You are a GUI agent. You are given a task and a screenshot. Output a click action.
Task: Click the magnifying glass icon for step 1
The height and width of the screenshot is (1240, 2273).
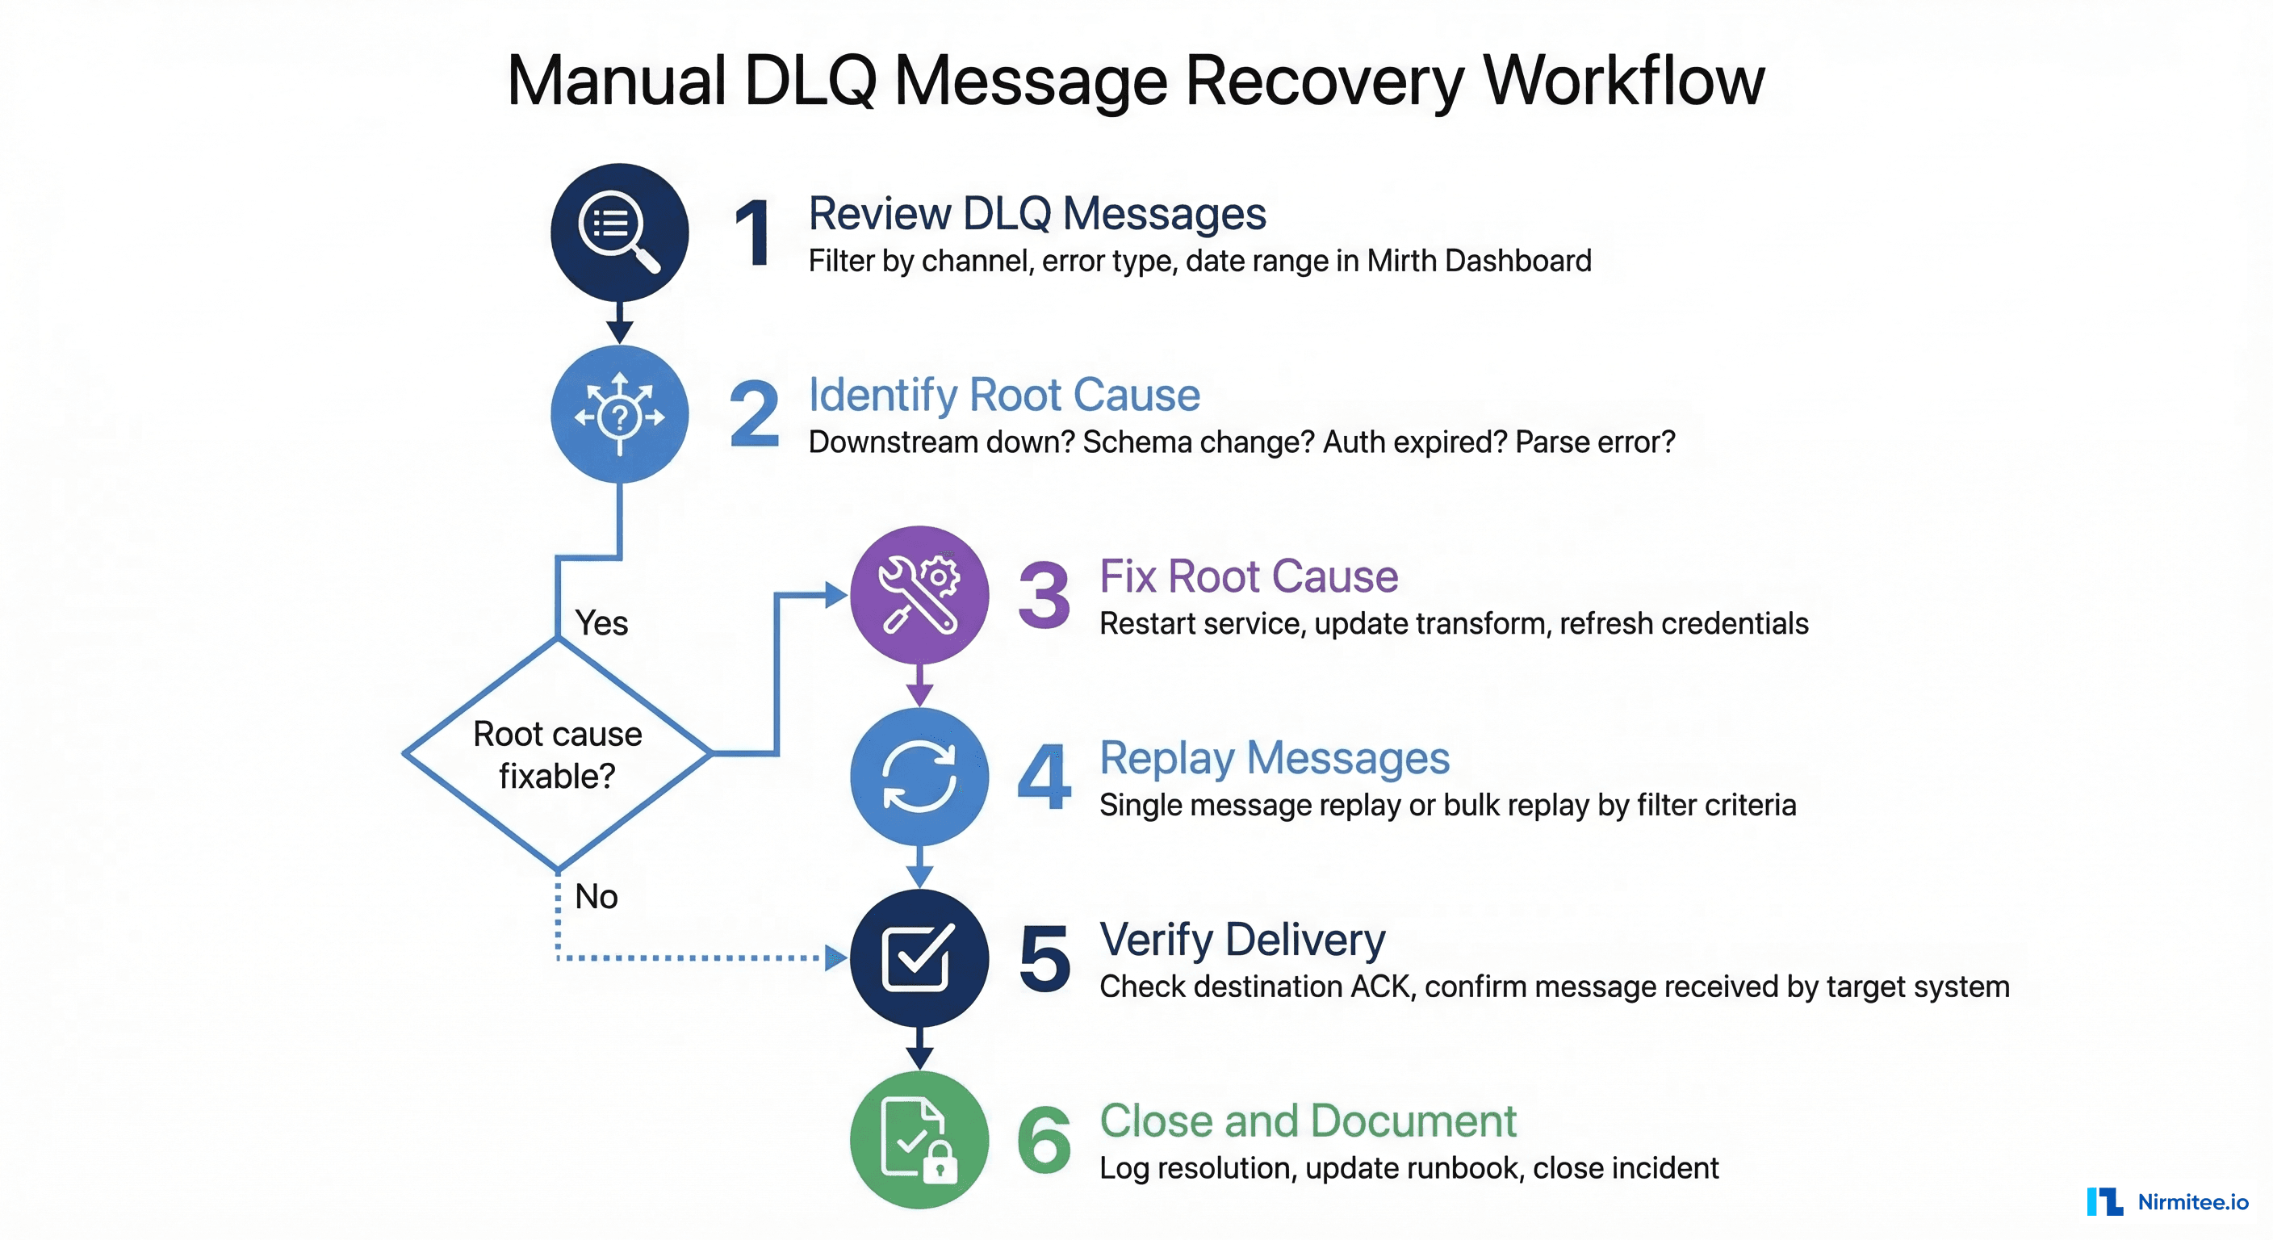[619, 232]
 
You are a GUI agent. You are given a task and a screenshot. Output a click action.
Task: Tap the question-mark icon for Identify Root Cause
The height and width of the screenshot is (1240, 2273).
[619, 414]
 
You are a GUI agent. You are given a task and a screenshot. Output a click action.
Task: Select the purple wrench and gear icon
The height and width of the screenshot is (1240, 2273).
[919, 595]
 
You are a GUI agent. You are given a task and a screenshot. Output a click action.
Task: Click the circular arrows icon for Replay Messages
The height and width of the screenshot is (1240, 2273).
[919, 777]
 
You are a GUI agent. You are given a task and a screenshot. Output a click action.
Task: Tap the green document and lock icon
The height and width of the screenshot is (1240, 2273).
[919, 1139]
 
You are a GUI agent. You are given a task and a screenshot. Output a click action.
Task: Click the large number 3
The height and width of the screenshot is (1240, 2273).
[1044, 596]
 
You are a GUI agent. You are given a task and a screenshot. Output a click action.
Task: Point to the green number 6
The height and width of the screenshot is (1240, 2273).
[1044, 1140]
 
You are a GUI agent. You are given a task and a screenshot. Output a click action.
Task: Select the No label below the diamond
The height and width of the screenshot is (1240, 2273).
[597, 897]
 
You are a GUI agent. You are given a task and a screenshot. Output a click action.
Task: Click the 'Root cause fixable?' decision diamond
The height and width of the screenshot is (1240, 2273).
[558, 755]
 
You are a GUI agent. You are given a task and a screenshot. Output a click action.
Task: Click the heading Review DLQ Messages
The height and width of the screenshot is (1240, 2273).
[1036, 214]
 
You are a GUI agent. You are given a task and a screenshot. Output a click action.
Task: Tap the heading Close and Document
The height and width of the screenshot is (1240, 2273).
[1308, 1121]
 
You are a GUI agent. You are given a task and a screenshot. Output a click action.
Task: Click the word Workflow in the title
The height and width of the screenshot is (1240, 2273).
[1623, 82]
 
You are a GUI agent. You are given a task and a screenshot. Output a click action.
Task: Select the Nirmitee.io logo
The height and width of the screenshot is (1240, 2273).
[2167, 1201]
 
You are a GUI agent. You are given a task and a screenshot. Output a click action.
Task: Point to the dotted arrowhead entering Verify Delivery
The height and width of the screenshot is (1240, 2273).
[835, 957]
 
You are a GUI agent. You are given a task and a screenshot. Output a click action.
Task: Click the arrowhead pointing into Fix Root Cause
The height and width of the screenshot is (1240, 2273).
[835, 595]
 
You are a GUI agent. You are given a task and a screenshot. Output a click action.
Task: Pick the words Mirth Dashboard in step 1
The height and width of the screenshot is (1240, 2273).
[1479, 262]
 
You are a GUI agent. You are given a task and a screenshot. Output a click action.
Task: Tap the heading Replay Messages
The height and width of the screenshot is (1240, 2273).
[1275, 758]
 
